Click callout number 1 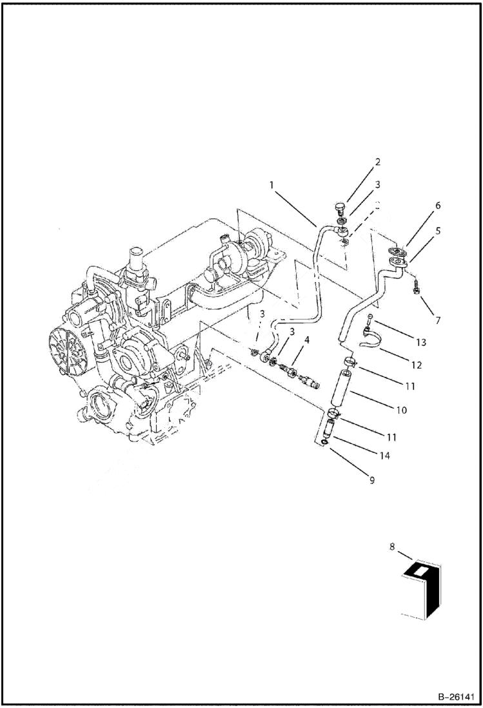pos(272,185)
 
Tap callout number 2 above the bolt pos(378,162)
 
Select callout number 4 pos(307,339)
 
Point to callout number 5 pos(438,229)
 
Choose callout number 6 pos(437,205)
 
